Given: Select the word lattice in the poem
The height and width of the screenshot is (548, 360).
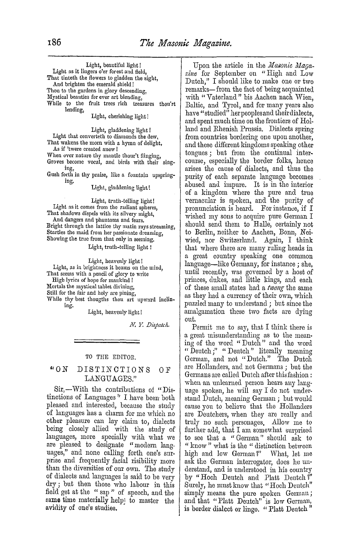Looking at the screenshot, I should point(88,227).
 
